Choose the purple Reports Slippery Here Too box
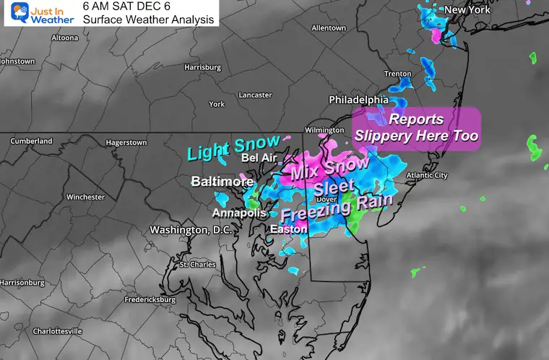point(416,127)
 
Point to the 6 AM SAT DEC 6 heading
point(133,7)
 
